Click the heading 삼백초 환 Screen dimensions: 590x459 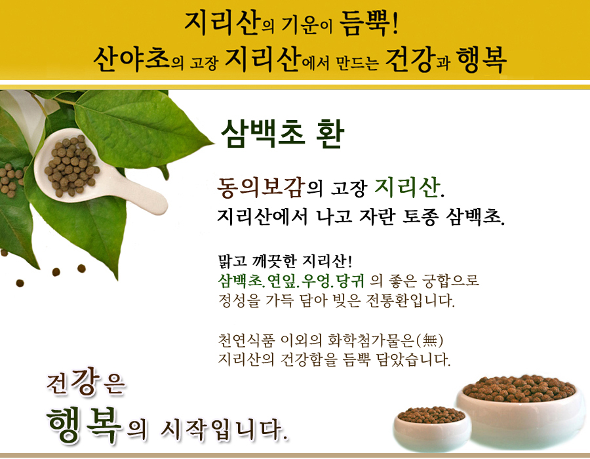coord(282,134)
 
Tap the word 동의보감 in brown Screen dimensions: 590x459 coord(260,187)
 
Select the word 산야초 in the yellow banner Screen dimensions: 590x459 coord(131,59)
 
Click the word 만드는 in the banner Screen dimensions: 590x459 coord(357,63)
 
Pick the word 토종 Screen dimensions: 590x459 coord(420,216)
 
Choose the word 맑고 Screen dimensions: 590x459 coord(232,261)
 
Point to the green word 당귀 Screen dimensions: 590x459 coord(350,281)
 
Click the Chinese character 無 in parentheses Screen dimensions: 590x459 coord(430,340)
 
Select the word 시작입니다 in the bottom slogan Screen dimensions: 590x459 coord(224,429)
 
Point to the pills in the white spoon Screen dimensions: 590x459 coord(71,165)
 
